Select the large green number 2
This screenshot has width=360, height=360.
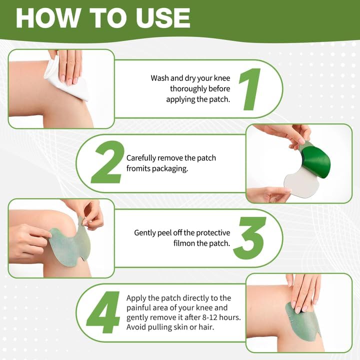106,163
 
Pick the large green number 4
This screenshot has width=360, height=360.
103,312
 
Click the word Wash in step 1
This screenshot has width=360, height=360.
160,78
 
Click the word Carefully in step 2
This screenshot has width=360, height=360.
142,158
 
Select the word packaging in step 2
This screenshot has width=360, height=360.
169,169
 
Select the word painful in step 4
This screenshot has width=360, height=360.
139,308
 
